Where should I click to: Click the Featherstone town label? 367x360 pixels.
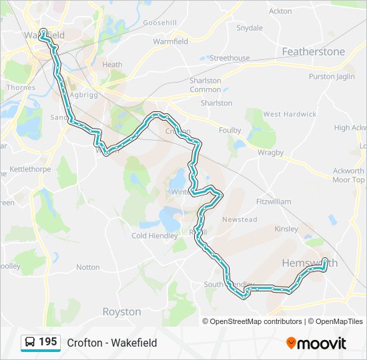(x=314, y=51)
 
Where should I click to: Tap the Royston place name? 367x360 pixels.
(x=121, y=311)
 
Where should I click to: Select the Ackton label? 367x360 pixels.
(x=280, y=11)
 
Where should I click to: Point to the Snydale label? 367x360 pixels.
(x=250, y=28)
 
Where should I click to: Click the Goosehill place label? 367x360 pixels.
(x=159, y=23)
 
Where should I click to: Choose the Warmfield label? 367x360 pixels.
(x=170, y=41)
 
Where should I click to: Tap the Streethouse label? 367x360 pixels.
(x=230, y=59)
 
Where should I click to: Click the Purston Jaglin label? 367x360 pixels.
(x=332, y=77)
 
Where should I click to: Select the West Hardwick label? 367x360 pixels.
(x=290, y=114)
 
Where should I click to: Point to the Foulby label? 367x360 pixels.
(x=230, y=131)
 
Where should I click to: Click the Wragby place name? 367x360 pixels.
(x=271, y=152)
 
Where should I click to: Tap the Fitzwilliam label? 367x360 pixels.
(x=274, y=201)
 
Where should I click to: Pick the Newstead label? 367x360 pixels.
(x=240, y=219)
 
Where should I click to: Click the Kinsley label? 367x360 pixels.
(x=286, y=229)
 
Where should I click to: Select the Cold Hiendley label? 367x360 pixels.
(x=155, y=235)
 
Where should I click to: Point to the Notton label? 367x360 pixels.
(x=87, y=267)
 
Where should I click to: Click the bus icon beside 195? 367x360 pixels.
(x=30, y=342)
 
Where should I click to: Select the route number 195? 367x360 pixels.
(x=47, y=342)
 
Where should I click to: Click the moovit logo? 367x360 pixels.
(x=316, y=343)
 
